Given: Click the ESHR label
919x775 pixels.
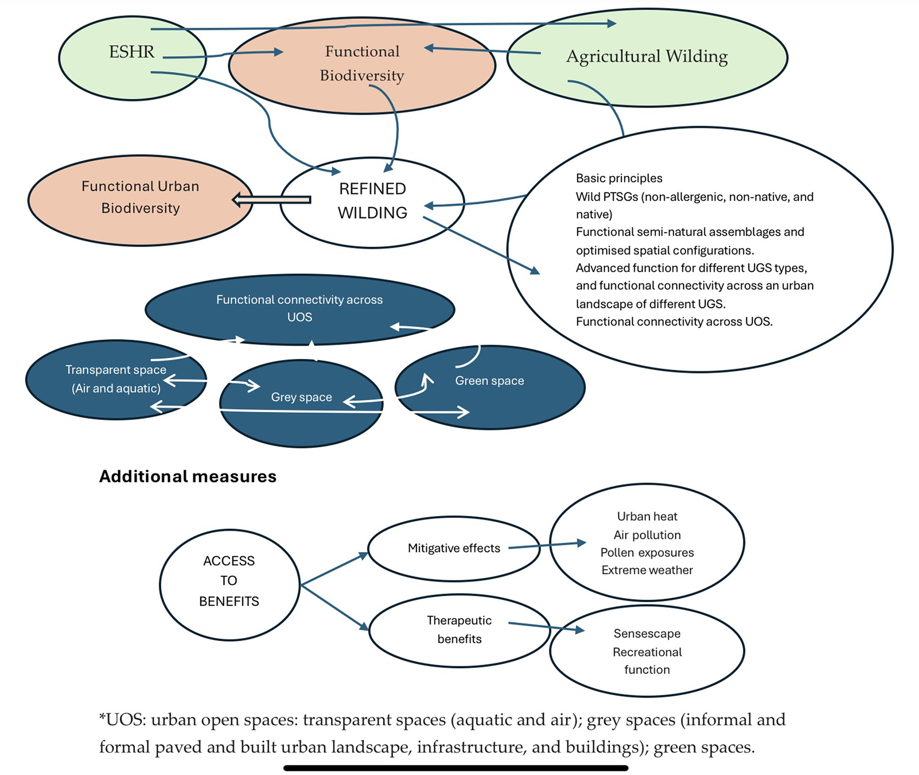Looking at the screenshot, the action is pos(132,52).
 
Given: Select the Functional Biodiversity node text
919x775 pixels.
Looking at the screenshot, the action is pos(362,63).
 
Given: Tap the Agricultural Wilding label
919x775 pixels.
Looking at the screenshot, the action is pos(647,56).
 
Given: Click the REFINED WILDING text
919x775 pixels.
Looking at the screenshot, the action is pos(372,201).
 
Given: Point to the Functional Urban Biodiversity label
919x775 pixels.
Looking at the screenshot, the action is pos(140,197).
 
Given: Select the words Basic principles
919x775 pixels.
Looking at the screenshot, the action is pos(619,178).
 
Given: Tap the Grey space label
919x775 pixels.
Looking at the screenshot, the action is pos(301,397).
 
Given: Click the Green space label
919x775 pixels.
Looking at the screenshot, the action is pos(490,381).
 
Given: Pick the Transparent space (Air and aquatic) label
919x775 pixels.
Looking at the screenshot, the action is pos(116,379).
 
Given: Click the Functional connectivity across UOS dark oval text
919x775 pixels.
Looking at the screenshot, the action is pos(299,308).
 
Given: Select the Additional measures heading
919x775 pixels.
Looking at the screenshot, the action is pos(188,476).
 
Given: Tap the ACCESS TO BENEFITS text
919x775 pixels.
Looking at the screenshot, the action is pos(229,581).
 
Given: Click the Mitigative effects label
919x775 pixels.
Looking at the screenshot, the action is pos(454,548).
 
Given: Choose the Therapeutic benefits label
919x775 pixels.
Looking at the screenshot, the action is pos(459,629).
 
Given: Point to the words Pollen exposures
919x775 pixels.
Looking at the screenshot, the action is pos(647,553).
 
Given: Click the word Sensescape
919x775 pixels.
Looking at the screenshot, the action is pos(647,633).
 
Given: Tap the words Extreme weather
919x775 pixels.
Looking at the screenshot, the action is pos(647,570).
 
